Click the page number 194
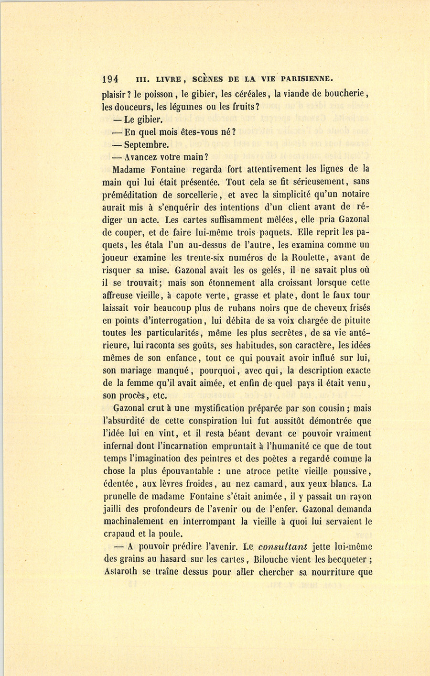(x=110, y=79)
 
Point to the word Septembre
(x=146, y=144)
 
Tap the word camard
(x=271, y=483)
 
